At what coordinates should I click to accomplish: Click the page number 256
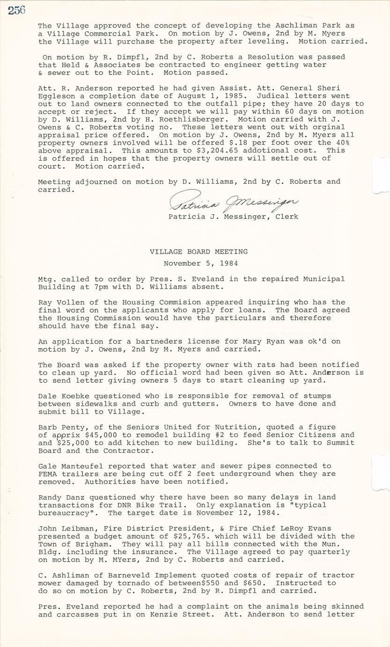tap(16, 10)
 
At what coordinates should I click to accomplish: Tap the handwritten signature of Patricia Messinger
tap(233, 202)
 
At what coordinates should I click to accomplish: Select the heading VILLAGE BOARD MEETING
tap(199, 252)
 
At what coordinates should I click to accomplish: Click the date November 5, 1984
tap(200, 263)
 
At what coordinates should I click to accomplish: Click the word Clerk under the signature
tap(287, 217)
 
